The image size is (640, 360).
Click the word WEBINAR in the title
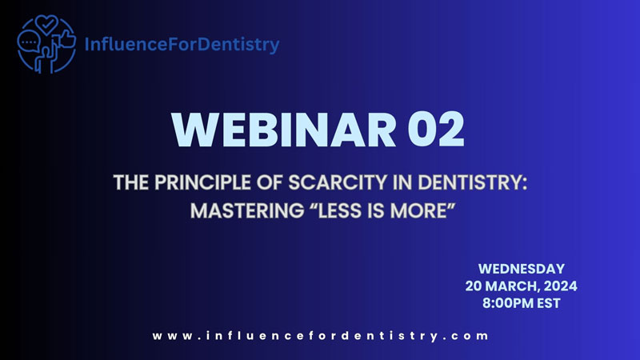click(x=284, y=130)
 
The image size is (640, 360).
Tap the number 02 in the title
click(x=436, y=130)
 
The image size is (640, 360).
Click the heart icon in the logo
click(x=46, y=25)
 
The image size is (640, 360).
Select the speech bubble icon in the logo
click(x=29, y=42)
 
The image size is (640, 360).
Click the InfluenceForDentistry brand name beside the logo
click(x=182, y=44)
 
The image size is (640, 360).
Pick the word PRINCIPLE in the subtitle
click(x=202, y=182)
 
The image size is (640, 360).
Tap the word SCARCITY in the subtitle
click(x=338, y=182)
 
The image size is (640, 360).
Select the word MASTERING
click(x=247, y=211)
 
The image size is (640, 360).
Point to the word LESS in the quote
click(x=341, y=211)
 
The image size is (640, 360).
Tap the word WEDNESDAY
click(x=522, y=269)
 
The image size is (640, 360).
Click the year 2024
click(x=561, y=286)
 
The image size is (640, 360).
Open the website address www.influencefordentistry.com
click(x=321, y=336)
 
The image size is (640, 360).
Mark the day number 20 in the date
click(x=474, y=286)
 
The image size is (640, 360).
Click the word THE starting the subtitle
click(x=131, y=182)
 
